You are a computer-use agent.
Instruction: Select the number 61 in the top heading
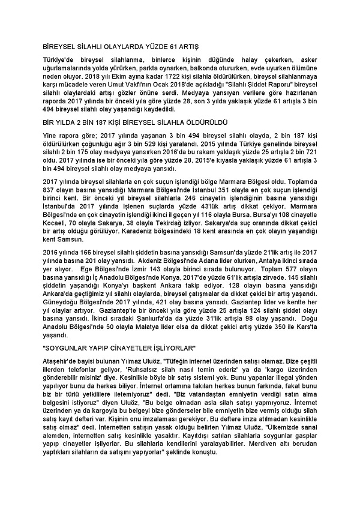(166, 46)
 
